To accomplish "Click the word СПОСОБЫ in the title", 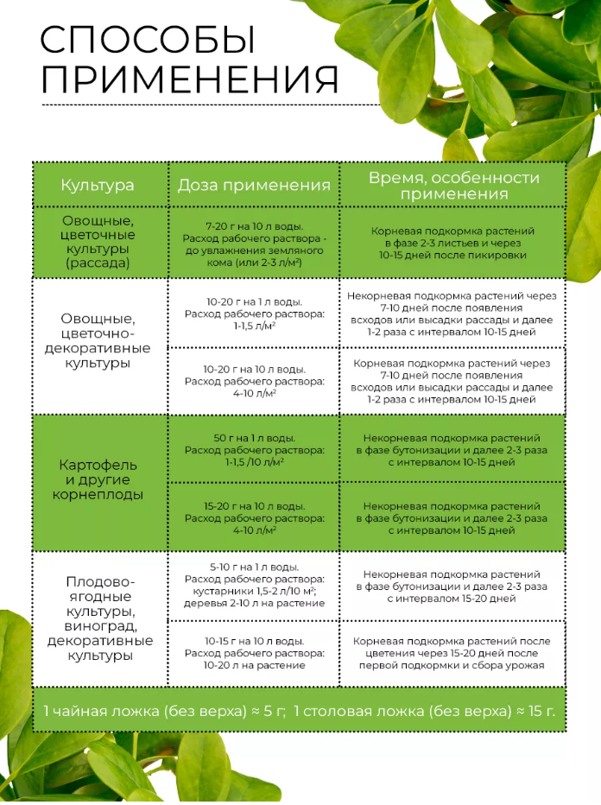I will pos(148,41).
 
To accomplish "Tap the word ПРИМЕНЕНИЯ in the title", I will pos(189,80).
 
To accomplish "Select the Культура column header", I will pos(98,185).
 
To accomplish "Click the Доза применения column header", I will pos(254,185).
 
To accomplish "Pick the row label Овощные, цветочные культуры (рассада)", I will pos(98,241).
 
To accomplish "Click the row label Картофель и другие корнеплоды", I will pos(98,480).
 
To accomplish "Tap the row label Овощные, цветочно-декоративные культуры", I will pos(98,340).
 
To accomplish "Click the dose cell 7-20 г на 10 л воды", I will pos(254,243).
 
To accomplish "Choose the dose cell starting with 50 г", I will pos(254,449).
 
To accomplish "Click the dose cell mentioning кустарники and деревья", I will pos(254,585).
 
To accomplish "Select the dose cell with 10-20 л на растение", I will pos(254,653).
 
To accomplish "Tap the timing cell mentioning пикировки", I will pos(452,243).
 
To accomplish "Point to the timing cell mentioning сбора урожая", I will pos(452,653).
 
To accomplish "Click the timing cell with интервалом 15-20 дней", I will pos(452,585).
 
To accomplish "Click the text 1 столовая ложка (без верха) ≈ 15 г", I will pos(424,711).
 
